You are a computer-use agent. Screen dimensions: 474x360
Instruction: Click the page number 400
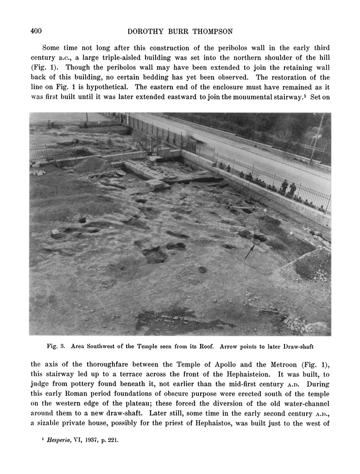(x=36, y=31)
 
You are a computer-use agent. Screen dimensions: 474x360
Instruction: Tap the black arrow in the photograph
(x=250, y=251)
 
